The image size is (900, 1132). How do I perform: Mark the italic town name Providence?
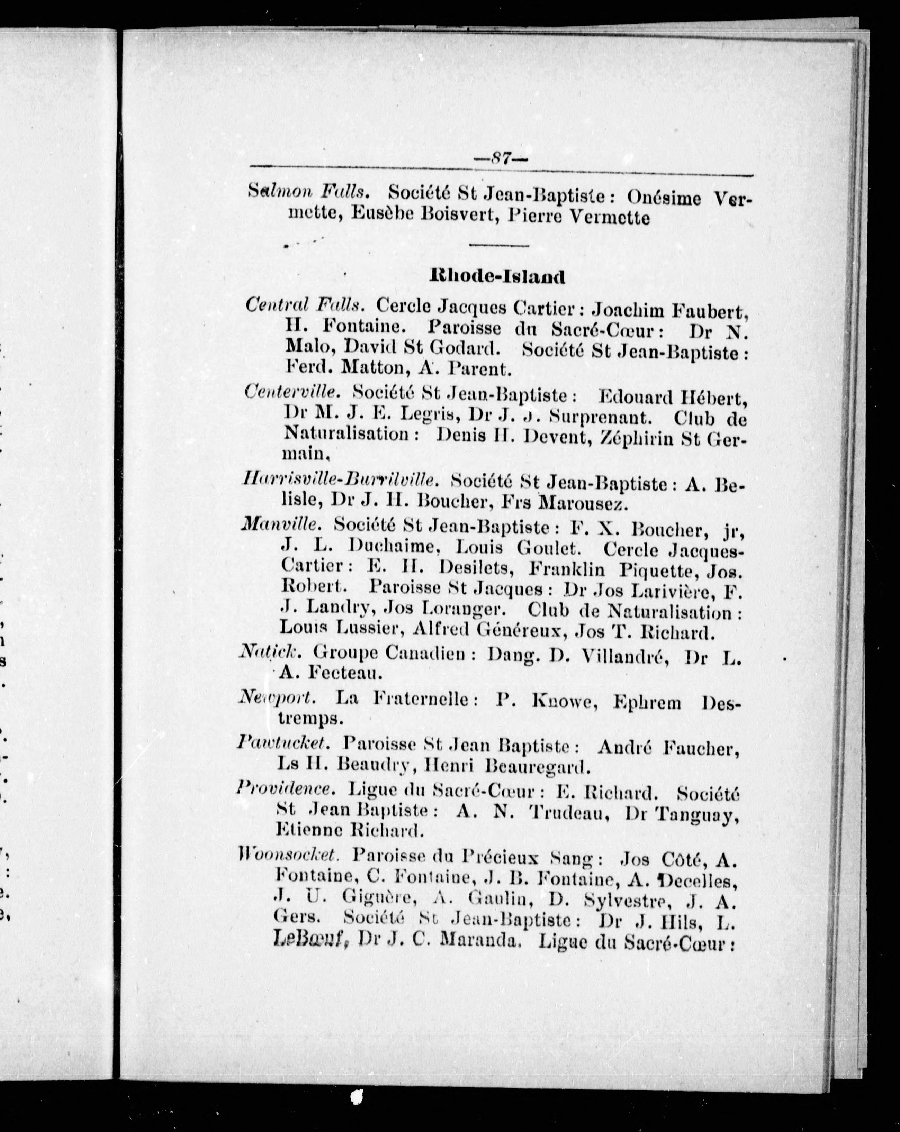285,788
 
